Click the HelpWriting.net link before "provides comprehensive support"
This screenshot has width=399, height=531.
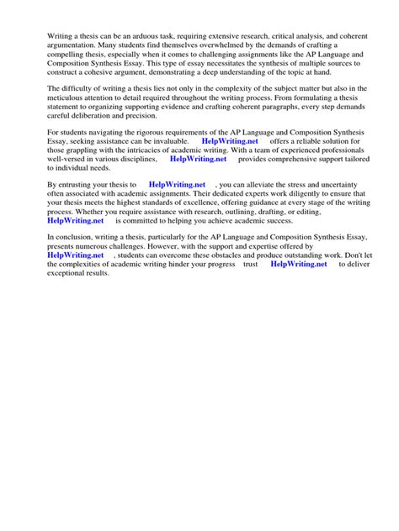(198, 157)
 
